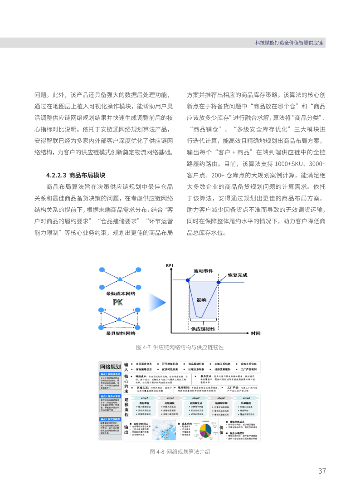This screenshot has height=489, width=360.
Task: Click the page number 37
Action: pos(322,471)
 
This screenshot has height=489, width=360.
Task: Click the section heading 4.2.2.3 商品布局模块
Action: pos(76,175)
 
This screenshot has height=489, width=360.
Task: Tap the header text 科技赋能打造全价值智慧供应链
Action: pos(289,43)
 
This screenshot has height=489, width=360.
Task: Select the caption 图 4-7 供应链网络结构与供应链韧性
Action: pos(180,347)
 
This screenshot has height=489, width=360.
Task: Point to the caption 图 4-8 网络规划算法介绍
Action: pos(180,452)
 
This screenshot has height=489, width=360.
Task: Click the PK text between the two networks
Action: pos(118,302)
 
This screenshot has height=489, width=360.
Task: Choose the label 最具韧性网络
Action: pos(121,333)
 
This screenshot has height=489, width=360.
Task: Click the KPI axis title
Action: pos(169,265)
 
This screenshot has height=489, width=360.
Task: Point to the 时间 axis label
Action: pos(256,333)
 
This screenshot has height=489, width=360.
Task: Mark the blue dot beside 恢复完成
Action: pos(219,282)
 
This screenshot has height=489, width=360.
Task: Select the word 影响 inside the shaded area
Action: pos(201,300)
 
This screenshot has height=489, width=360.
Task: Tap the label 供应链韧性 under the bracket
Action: pos(203,328)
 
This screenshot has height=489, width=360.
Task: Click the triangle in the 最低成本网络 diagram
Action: pos(119,278)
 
